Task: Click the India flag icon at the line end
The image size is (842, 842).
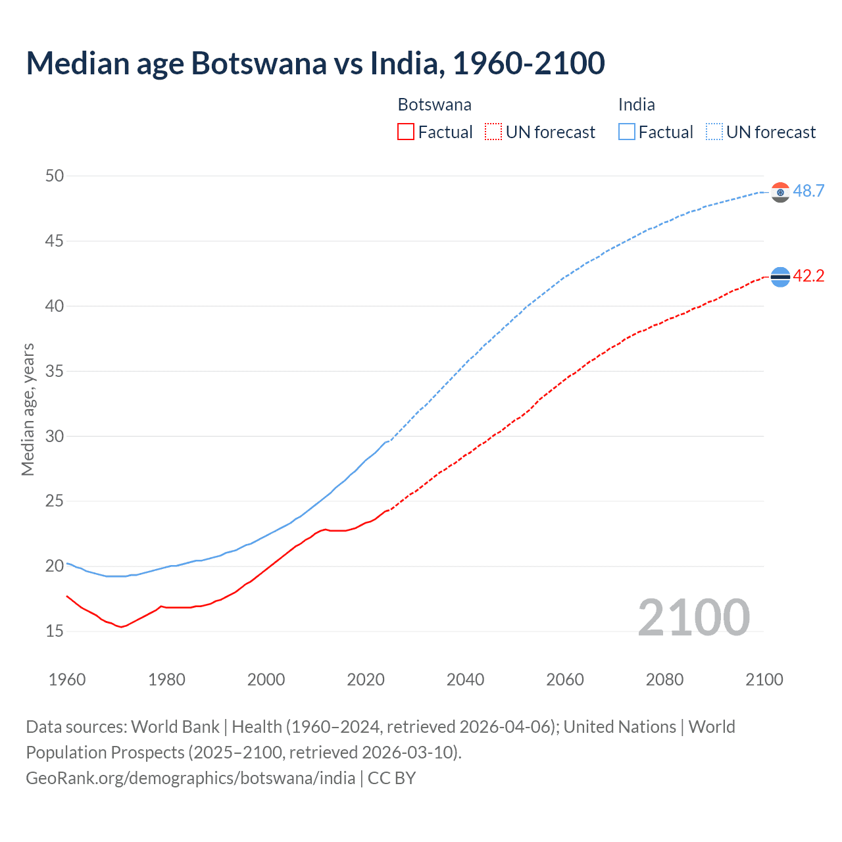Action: click(780, 192)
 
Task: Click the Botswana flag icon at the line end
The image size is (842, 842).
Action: click(780, 278)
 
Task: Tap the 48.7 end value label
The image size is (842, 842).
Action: click(808, 191)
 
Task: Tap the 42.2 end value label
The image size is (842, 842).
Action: click(808, 276)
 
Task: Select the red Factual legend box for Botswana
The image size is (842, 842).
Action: click(406, 132)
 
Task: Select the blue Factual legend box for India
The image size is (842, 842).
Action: click(626, 132)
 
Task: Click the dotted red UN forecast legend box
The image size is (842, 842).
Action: click(493, 132)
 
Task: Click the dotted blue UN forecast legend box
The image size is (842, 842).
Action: click(714, 132)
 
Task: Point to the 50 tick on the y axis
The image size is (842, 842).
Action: click(55, 176)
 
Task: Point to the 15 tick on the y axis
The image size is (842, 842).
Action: click(55, 631)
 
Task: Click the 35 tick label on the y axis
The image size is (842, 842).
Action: click(55, 371)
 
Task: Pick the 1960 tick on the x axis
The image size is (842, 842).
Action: click(67, 680)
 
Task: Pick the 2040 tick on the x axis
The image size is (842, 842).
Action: click(465, 680)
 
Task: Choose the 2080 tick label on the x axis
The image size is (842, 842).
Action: click(664, 680)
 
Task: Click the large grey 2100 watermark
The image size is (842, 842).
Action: click(693, 617)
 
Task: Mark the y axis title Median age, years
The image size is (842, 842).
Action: click(28, 409)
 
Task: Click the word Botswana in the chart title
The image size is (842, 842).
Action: click(259, 64)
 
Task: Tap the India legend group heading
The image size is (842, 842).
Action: click(636, 105)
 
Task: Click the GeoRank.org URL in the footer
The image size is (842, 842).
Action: click(191, 778)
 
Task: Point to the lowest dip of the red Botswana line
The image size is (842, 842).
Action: click(121, 627)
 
